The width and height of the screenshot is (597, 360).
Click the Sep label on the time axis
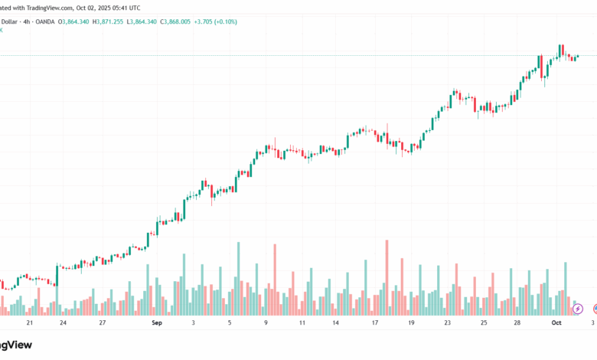(157, 323)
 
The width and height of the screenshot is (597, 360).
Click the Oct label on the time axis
(556, 323)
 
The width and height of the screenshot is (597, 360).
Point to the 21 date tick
(29, 323)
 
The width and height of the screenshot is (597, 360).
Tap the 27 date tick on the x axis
(102, 323)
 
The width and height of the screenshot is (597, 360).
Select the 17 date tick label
(375, 323)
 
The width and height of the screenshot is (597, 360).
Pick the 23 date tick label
(448, 323)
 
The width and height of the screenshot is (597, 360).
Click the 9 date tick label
(266, 323)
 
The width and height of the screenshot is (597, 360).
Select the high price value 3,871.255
(113, 21)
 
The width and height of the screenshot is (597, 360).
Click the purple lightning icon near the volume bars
(578, 309)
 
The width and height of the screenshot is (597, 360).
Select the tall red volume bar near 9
(275, 280)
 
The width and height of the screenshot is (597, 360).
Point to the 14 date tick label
(335, 323)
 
